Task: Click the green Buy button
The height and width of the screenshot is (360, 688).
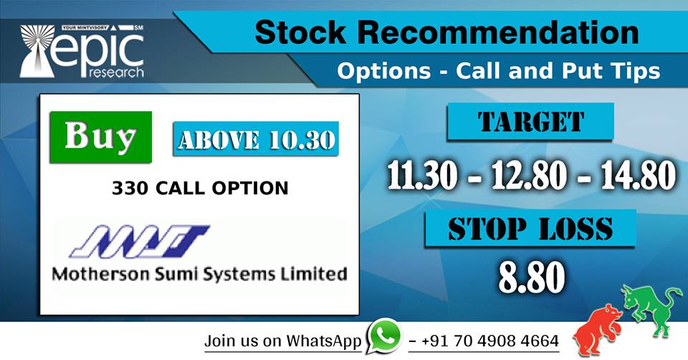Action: [100, 136]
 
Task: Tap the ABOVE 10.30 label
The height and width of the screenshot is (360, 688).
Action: [255, 141]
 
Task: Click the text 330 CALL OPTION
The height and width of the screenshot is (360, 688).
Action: [200, 189]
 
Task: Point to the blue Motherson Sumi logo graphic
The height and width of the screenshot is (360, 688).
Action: [140, 242]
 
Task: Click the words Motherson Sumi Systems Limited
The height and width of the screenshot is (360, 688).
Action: [199, 273]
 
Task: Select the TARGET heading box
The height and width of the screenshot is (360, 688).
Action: [530, 121]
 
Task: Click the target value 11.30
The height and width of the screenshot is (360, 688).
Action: [422, 176]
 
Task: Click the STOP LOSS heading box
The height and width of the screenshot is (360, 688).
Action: [530, 229]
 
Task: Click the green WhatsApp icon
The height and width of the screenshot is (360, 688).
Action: [385, 336]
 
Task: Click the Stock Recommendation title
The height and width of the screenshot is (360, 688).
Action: [446, 34]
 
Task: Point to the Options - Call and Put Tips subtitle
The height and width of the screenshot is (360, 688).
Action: [498, 71]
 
